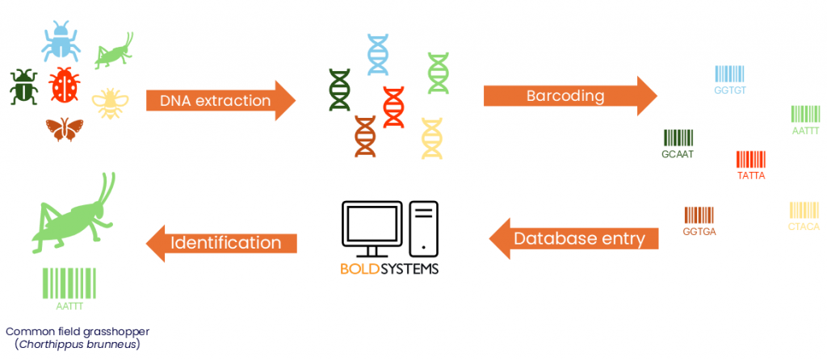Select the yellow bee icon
coord(110,101)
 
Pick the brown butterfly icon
coord(65,128)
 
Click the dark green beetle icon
coord(23,86)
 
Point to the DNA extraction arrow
coord(220,100)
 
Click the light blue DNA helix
coord(379,54)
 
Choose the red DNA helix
coord(394,107)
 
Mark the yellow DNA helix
coord(433,138)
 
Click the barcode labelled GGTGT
coord(729,75)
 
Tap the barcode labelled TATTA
coord(750,160)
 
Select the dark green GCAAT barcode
coord(678,138)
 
